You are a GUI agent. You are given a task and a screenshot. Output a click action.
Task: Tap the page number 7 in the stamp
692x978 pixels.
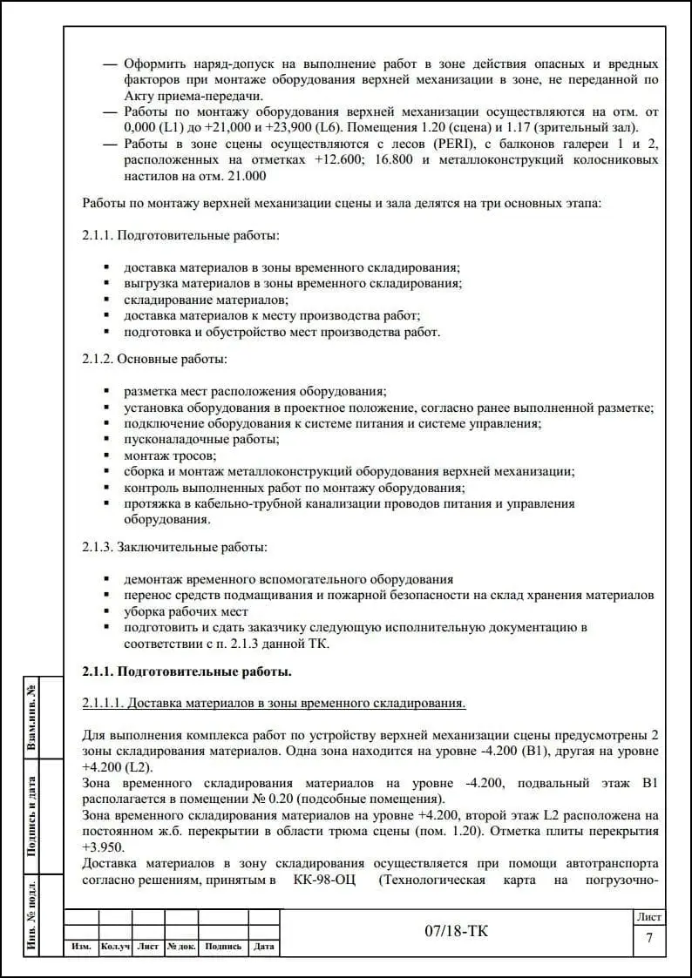(x=648, y=938)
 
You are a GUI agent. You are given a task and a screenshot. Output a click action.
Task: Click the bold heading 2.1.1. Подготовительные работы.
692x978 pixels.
(x=187, y=671)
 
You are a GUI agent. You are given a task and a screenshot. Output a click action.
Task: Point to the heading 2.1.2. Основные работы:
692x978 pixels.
(x=154, y=359)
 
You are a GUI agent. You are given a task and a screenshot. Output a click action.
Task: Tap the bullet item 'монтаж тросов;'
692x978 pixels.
(x=169, y=455)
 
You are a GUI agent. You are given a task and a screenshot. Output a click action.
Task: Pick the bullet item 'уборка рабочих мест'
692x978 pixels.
(x=186, y=611)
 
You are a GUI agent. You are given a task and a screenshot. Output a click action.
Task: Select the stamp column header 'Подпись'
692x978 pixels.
(x=223, y=947)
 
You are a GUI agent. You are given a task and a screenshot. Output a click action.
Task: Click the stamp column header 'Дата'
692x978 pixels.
(x=264, y=947)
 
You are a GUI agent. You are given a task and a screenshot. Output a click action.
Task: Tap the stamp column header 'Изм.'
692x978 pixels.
(x=81, y=947)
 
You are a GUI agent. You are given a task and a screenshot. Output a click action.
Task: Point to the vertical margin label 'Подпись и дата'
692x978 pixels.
(x=31, y=816)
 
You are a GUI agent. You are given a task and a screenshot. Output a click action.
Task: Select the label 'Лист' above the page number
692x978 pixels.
(x=648, y=917)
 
